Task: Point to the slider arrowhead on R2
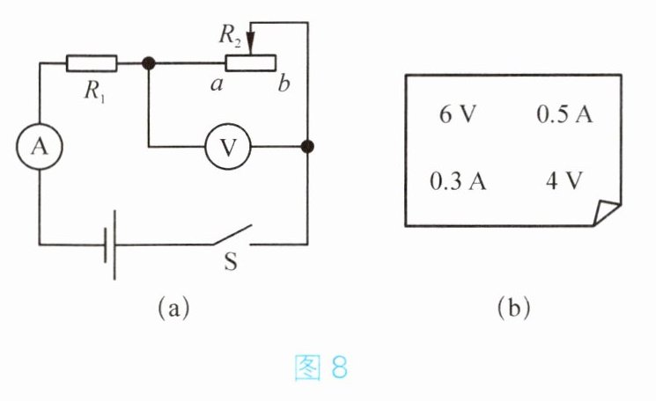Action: (x=250, y=43)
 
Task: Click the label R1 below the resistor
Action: (x=94, y=91)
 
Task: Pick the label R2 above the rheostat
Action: (x=230, y=36)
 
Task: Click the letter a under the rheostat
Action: (x=217, y=84)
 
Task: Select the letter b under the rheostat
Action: (x=284, y=84)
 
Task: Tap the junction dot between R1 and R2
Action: (x=149, y=63)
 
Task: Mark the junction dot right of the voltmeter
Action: (x=307, y=147)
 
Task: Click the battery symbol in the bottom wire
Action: (x=110, y=244)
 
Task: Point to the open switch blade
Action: (x=232, y=235)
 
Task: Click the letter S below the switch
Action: (x=231, y=261)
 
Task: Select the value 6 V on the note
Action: (x=458, y=113)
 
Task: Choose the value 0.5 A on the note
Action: (x=564, y=113)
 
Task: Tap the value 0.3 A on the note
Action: (x=458, y=182)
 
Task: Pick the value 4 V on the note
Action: (x=564, y=181)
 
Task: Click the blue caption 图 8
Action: (x=321, y=368)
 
